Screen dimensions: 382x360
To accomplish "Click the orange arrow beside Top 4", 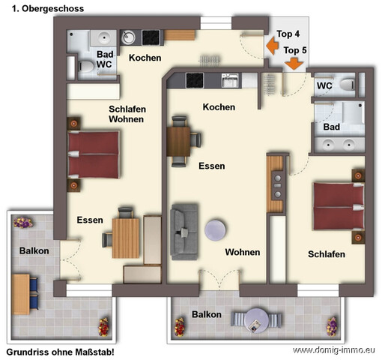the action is (x=272, y=46).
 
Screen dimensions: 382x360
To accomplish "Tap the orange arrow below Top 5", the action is (x=294, y=64).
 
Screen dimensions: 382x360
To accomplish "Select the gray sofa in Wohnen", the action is (x=184, y=232).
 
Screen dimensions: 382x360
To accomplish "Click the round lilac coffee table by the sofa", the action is (x=215, y=230).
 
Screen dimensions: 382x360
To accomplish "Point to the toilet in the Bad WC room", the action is (x=85, y=67).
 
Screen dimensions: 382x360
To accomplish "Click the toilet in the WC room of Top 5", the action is (x=348, y=85).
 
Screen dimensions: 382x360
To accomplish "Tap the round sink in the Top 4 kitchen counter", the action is (x=128, y=37).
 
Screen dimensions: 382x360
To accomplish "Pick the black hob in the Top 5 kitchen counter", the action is (x=195, y=80).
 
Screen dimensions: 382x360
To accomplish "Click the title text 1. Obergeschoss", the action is (x=48, y=8).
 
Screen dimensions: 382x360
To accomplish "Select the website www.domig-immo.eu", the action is (x=334, y=350).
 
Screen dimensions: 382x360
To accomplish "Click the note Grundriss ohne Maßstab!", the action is (x=60, y=352).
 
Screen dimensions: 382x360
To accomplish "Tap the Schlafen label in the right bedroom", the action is (x=327, y=254).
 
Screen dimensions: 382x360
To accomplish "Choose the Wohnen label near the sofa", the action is (x=243, y=252).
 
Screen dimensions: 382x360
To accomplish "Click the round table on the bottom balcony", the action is (x=256, y=319).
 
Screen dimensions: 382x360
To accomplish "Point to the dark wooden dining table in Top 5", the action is (x=178, y=142).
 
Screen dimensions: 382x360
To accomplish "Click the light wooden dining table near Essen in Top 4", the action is (x=126, y=238).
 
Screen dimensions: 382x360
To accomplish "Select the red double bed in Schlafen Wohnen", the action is (x=94, y=154).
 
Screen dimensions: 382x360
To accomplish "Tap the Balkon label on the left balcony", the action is (x=34, y=250).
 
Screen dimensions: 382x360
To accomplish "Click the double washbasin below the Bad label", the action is (x=339, y=145).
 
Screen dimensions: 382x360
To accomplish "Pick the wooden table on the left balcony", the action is (x=21, y=294).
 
